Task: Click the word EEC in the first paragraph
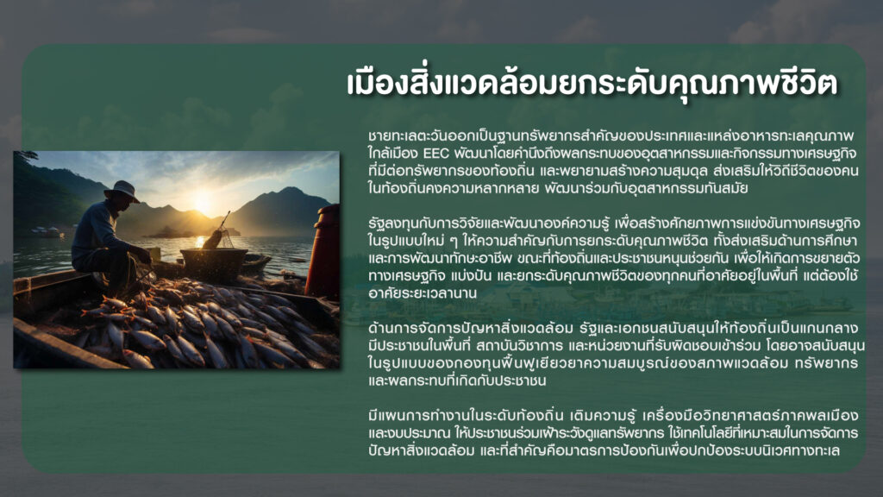pyautogui.click(x=435, y=154)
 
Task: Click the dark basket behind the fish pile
pyautogui.click(x=214, y=264)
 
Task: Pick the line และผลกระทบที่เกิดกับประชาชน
pyautogui.click(x=457, y=381)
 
